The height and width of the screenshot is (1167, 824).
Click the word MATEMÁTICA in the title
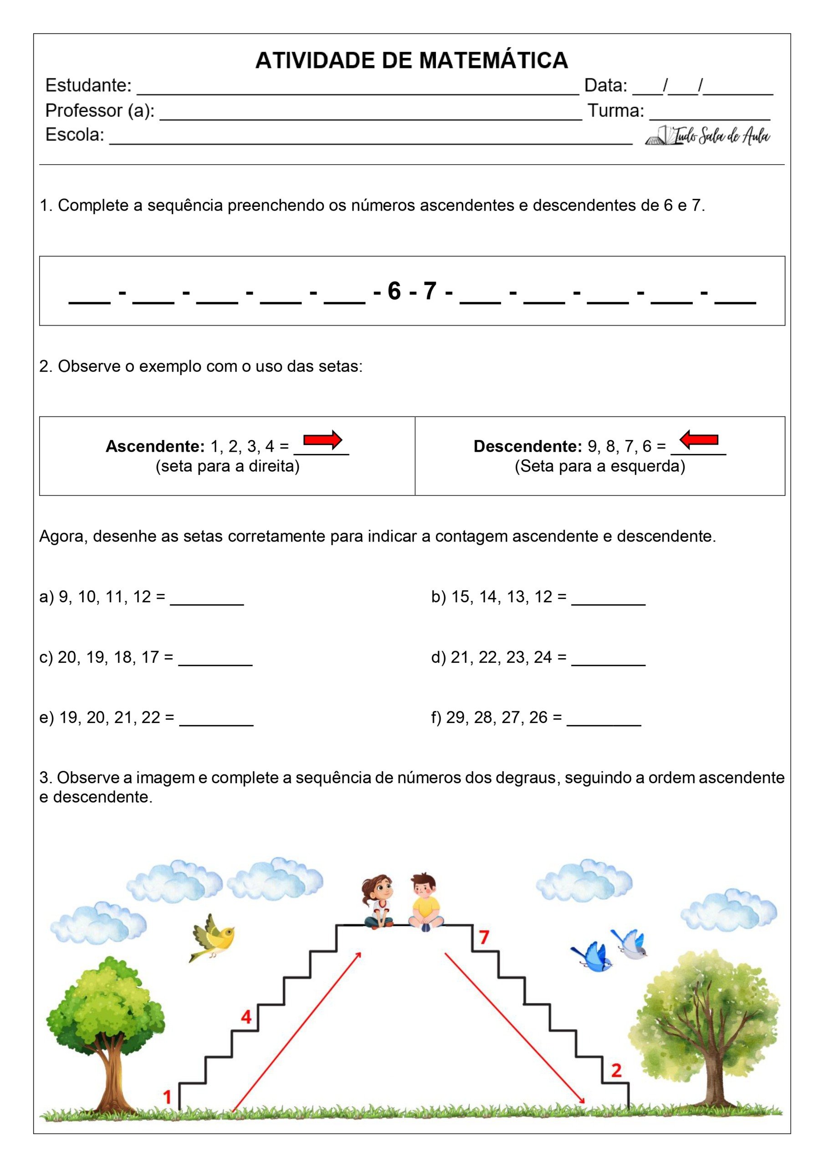click(493, 61)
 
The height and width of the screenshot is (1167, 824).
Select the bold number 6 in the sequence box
click(394, 291)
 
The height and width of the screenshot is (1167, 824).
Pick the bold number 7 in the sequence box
click(430, 291)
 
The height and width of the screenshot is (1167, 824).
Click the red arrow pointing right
click(322, 439)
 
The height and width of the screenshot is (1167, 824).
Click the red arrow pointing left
click(699, 439)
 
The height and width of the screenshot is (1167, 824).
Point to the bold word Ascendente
click(155, 446)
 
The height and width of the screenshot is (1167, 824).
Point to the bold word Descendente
click(527, 446)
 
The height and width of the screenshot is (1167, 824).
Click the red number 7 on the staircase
click(484, 937)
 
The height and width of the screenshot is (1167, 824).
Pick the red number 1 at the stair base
click(167, 1097)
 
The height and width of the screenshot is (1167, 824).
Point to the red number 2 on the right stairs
click(616, 1070)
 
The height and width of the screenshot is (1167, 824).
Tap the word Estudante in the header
click(88, 85)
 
